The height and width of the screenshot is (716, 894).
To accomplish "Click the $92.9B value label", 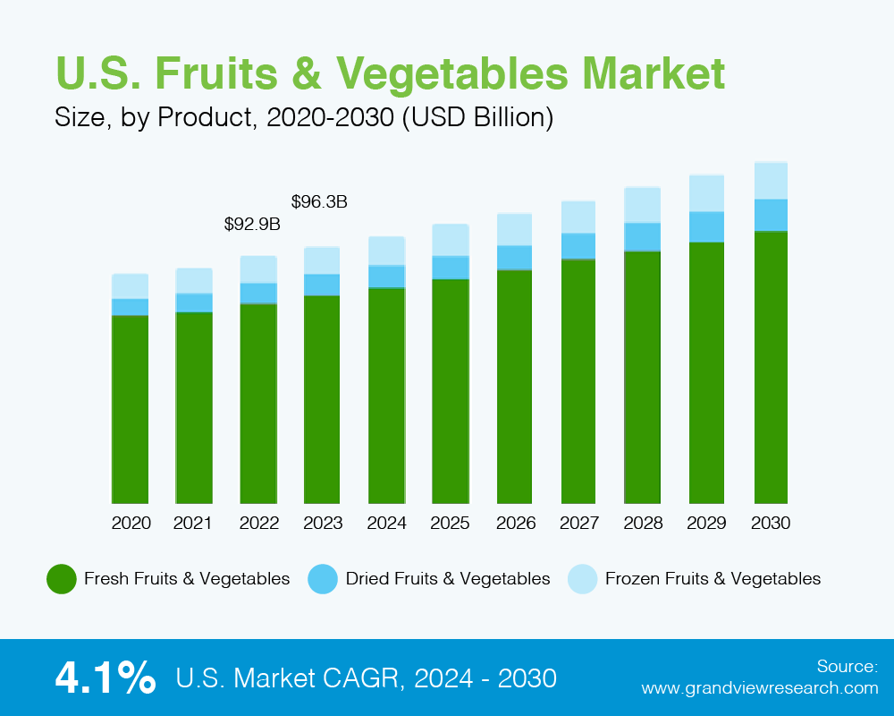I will pyautogui.click(x=252, y=225).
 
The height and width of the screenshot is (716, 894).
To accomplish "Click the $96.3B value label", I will pyautogui.click(x=319, y=202).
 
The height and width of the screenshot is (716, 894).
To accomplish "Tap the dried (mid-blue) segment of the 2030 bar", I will pyautogui.click(x=771, y=215).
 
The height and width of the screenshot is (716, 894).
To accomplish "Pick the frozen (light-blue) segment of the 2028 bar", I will pyautogui.click(x=643, y=205).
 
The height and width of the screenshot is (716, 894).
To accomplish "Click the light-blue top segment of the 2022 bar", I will pyautogui.click(x=258, y=269).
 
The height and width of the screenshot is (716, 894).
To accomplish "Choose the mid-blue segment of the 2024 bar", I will pyautogui.click(x=386, y=277).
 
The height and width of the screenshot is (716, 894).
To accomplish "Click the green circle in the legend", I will pyautogui.click(x=61, y=579).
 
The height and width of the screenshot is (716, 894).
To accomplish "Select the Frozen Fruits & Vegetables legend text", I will pyautogui.click(x=713, y=579).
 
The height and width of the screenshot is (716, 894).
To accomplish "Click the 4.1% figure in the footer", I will pyautogui.click(x=105, y=678).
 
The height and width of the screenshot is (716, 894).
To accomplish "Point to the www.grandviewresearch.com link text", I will pyautogui.click(x=760, y=688).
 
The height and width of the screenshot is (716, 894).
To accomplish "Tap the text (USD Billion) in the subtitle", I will pyautogui.click(x=477, y=118).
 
